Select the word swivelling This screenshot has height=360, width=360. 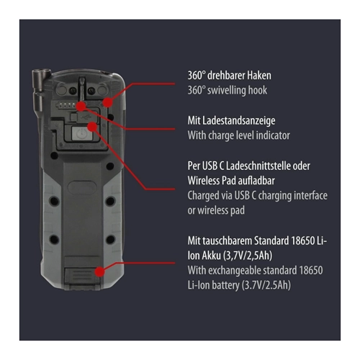coord(226,91)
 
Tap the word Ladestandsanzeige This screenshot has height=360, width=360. coord(239,121)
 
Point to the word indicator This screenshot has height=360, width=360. coord(273,135)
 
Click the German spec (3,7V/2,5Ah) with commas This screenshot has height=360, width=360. coord(248,256)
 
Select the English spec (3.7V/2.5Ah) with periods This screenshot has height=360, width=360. coord(266,286)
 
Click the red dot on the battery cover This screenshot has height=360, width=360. coord(99,271)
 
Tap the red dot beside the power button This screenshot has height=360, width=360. coord(92,127)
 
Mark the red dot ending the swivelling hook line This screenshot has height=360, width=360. coord(107,102)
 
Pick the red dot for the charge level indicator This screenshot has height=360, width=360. coord(81,106)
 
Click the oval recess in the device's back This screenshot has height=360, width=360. coord(82,187)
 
